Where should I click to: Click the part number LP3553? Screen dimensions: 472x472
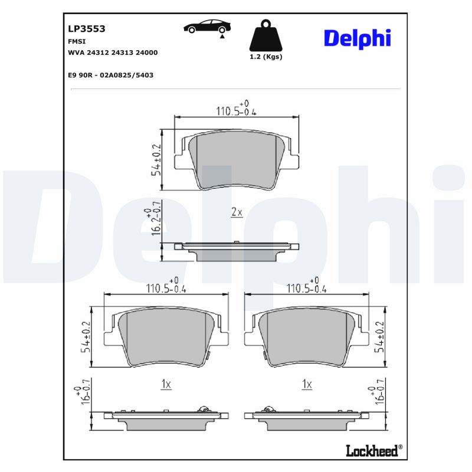82,28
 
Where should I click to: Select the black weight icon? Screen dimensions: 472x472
266,37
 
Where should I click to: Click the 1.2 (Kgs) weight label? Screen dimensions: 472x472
266,57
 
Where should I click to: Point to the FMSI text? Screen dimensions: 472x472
76,41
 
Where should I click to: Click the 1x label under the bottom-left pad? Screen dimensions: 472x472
166,384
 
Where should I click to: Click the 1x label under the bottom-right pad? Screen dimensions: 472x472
306,384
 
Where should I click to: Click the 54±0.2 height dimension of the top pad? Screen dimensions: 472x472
156,159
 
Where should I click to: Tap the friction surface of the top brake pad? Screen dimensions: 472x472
236,159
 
